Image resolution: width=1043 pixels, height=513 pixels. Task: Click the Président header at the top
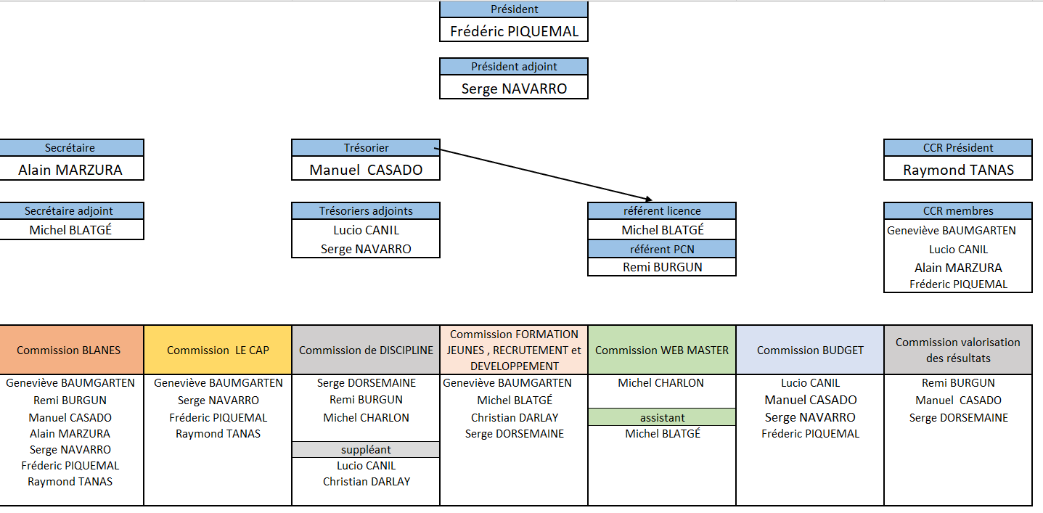[514, 9]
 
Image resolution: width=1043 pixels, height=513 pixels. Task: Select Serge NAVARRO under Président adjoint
[514, 89]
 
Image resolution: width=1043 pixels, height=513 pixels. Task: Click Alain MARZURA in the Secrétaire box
[70, 171]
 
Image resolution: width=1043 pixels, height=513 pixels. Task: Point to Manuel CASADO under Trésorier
[366, 171]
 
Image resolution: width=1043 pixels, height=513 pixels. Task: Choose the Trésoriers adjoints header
[366, 211]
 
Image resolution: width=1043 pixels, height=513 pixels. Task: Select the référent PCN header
[662, 249]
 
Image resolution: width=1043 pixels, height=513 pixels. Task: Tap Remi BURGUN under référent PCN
[662, 267]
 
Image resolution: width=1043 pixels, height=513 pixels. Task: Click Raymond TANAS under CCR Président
[958, 171]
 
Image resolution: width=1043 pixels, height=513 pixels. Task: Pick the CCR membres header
[958, 211]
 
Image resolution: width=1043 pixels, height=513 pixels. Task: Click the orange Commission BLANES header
[69, 350]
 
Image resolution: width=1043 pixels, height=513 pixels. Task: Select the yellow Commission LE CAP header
[218, 350]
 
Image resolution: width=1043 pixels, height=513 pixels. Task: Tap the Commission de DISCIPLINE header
[366, 350]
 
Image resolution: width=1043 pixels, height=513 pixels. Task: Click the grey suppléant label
[366, 450]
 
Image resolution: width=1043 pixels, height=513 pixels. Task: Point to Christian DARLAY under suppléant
[366, 482]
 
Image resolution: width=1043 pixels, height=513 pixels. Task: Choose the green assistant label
[662, 418]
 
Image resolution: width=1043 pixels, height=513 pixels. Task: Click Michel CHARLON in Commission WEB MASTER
[660, 383]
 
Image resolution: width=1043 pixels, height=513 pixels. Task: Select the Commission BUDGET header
[810, 350]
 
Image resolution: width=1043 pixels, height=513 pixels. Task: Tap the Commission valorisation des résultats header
[958, 350]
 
